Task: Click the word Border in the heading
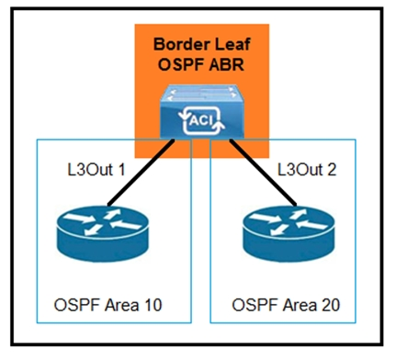tap(176, 44)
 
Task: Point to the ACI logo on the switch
tap(201, 120)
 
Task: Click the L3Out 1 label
tap(96, 169)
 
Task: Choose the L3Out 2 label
tap(307, 169)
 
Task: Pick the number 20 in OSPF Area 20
tap(330, 305)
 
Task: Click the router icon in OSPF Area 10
tap(103, 233)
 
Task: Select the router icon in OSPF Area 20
tap(289, 233)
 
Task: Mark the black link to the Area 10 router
tap(141, 173)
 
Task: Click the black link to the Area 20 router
tap(264, 173)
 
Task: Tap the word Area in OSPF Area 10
tap(121, 305)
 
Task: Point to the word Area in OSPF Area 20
tap(300, 305)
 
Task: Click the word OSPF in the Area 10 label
tap(77, 305)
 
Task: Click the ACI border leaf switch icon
tap(202, 111)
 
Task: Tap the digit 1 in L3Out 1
tap(122, 169)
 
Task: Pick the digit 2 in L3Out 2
tap(332, 169)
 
